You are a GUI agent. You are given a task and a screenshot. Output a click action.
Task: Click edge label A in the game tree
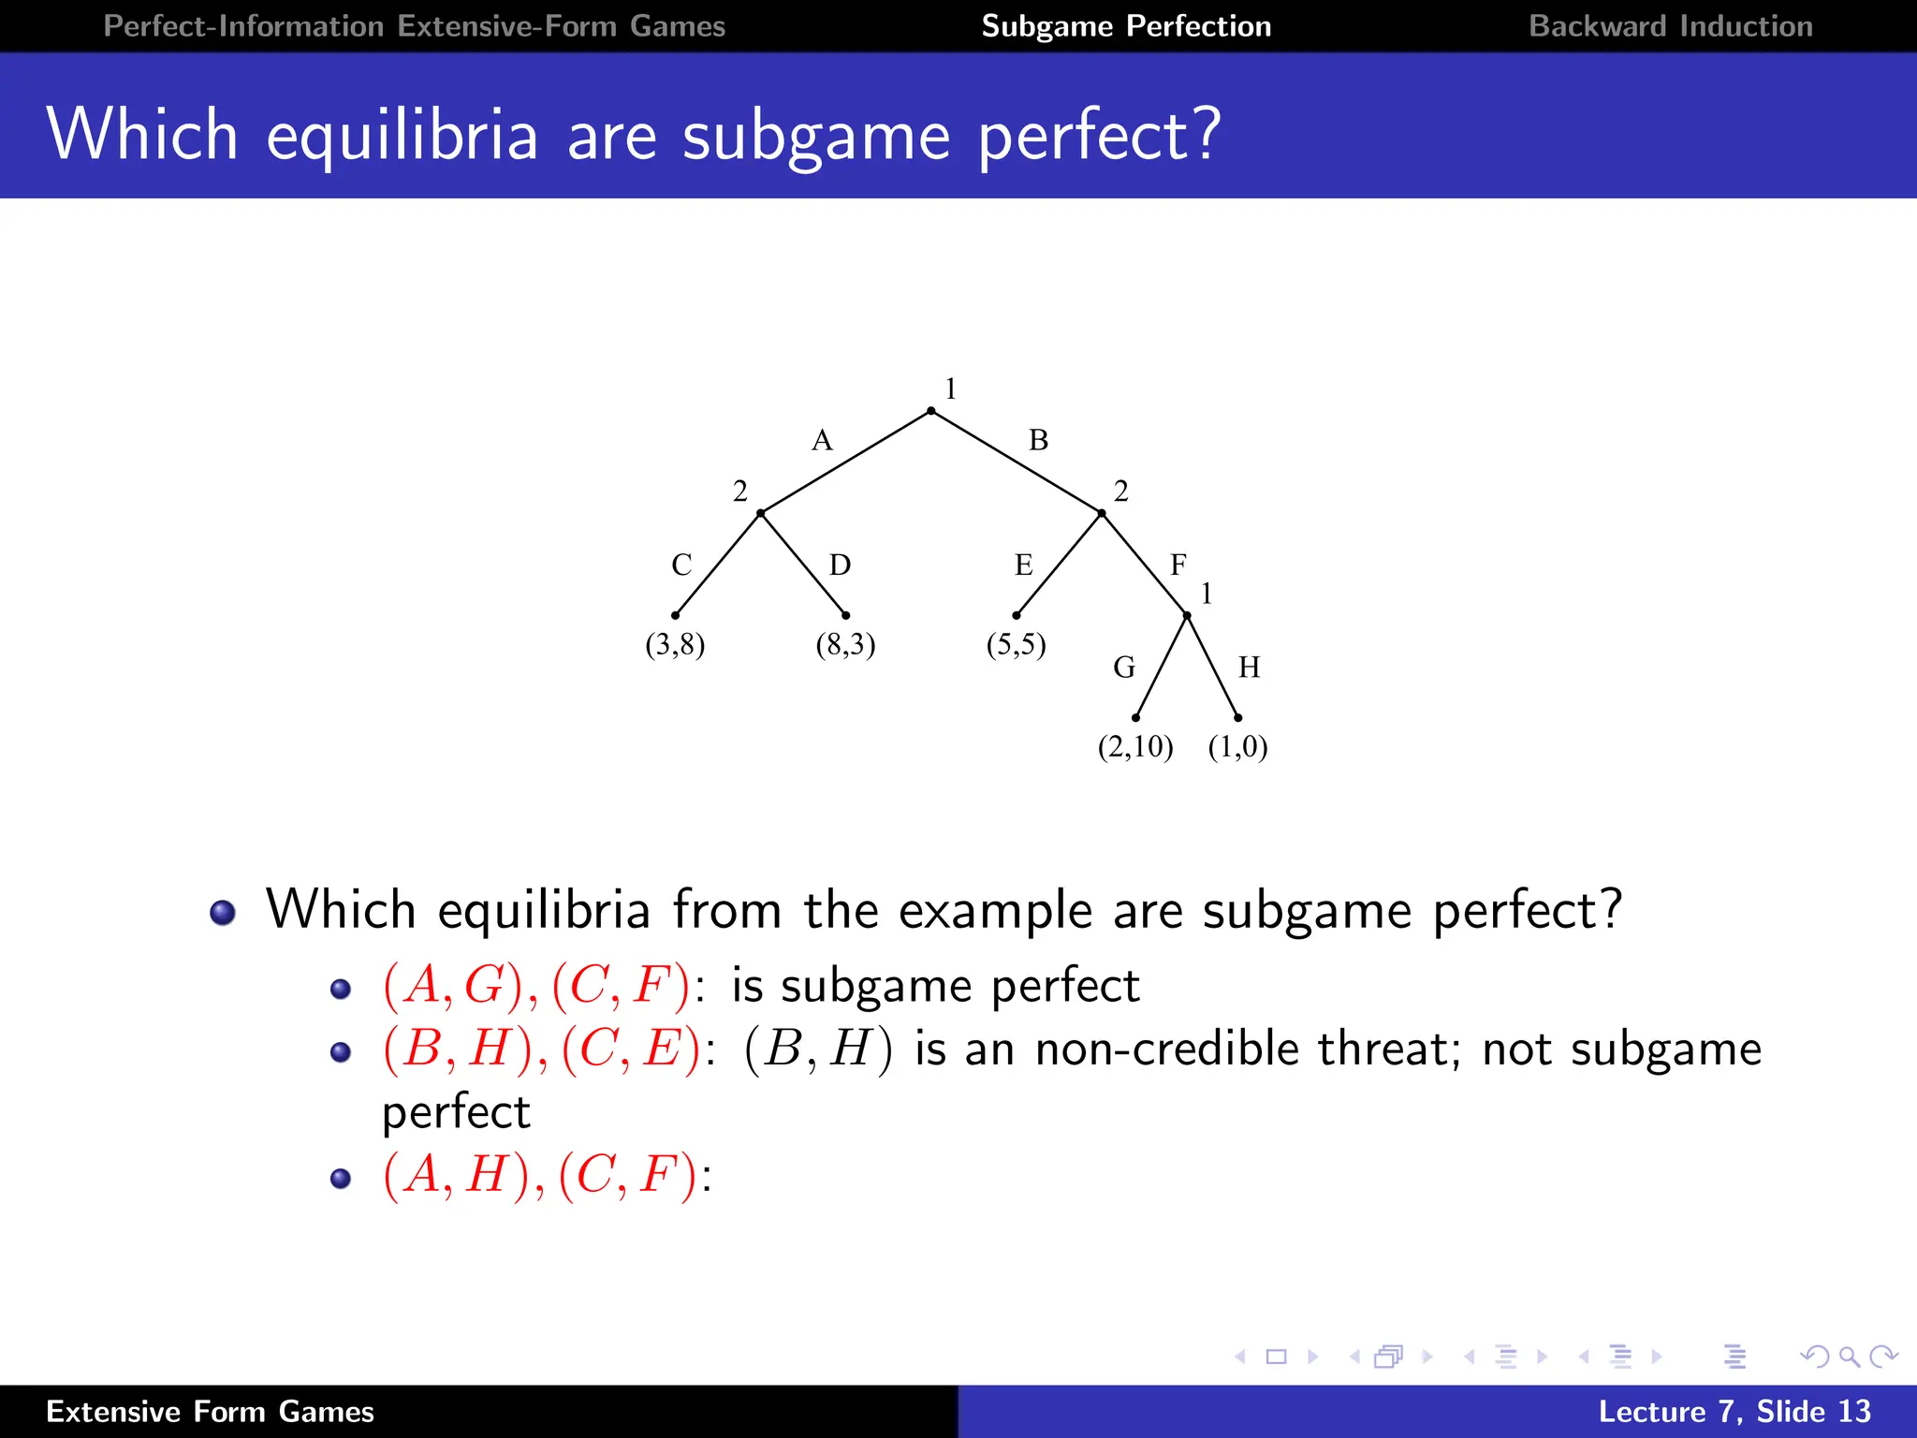pos(822,440)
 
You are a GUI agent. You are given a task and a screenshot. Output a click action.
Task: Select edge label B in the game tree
pos(1038,440)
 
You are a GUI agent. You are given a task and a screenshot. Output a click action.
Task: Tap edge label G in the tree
pos(1124,668)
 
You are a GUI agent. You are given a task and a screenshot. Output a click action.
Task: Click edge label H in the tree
pos(1249,668)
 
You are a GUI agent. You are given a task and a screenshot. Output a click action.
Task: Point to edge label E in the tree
pos(1023,565)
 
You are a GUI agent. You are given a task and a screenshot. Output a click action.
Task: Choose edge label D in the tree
pos(840,565)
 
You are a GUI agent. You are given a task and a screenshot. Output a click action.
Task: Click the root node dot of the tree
pos(930,411)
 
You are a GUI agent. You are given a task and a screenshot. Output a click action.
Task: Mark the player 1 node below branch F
pos(1187,616)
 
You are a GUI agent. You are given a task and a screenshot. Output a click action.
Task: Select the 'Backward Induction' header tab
pos(1670,26)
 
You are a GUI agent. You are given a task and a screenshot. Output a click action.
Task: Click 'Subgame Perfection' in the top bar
pos(1126,26)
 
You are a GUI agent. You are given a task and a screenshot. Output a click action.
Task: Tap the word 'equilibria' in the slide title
pos(402,135)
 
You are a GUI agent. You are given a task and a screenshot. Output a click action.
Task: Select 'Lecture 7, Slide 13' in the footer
pos(1734,1411)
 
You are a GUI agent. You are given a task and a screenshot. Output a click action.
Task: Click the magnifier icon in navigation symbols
pos(1849,1357)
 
